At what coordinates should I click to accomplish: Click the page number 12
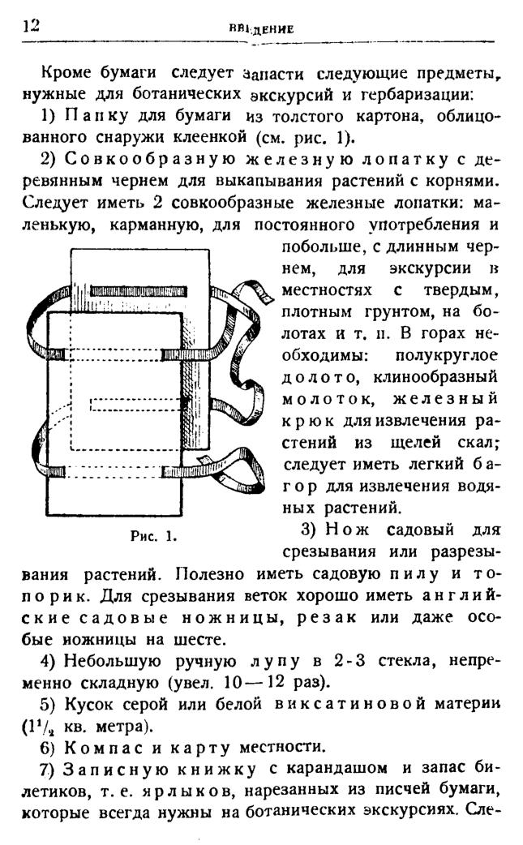pos(32,25)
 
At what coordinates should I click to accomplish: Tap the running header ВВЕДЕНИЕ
pos(261,29)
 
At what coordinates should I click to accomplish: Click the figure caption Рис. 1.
pos(154,536)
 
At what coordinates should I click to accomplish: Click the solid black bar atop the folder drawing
pos(139,292)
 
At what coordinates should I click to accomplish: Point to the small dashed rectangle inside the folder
pos(138,404)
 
